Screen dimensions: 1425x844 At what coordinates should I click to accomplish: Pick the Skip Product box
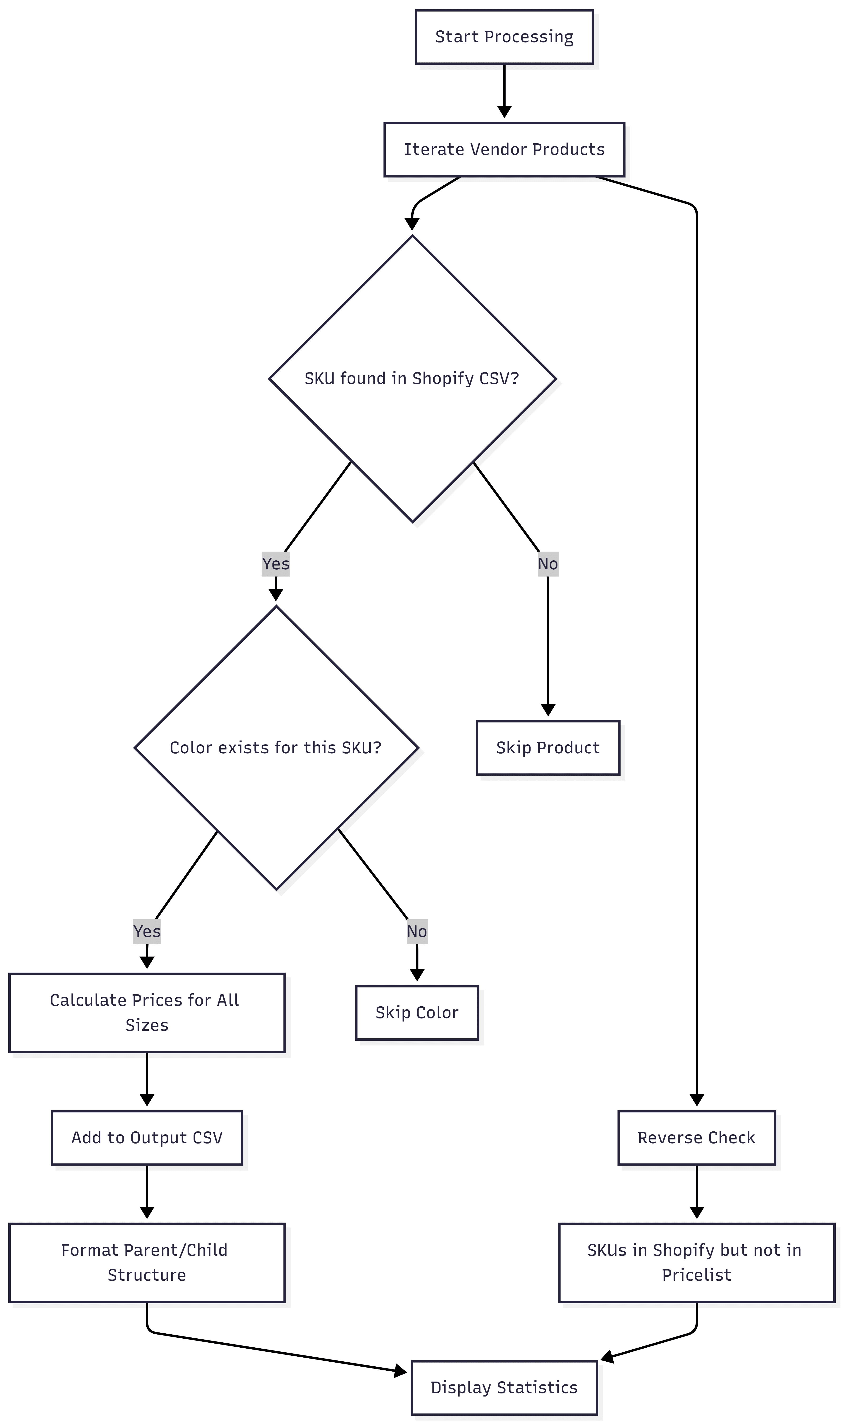[548, 747]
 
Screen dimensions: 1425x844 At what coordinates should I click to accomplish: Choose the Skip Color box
[417, 1012]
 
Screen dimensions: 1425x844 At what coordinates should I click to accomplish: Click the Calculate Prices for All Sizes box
[147, 1012]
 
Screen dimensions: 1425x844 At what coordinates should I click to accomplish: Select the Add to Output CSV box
[147, 1138]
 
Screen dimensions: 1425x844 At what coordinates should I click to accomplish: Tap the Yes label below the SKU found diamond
[276, 564]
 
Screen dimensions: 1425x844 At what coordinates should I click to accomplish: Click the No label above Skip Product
[548, 564]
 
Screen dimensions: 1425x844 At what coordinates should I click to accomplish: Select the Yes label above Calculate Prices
[147, 931]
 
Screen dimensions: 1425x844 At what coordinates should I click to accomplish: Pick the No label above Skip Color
[417, 931]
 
